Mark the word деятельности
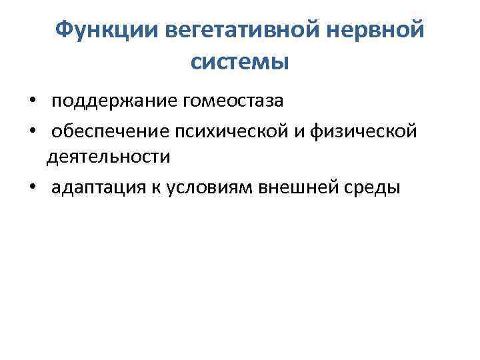point(108,157)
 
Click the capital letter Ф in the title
point(63,30)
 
